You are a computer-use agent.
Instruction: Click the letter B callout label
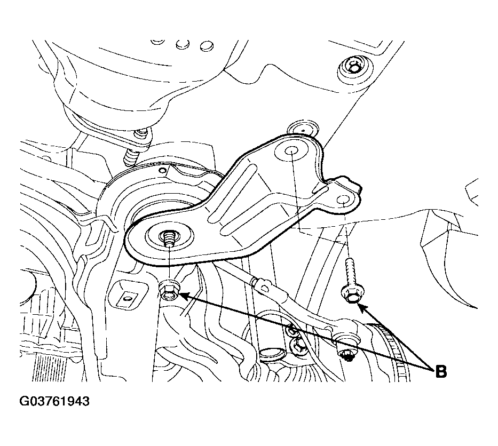(440, 371)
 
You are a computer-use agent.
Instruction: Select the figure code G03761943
(54, 401)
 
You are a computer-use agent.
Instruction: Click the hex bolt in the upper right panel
(352, 68)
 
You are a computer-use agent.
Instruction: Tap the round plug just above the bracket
(302, 128)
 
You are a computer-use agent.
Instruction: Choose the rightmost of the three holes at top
(207, 45)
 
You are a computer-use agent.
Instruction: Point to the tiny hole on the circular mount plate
(163, 171)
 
